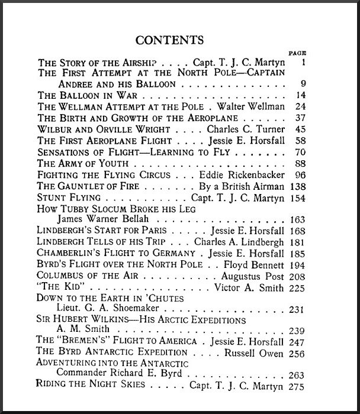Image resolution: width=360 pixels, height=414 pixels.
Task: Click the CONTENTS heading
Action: click(169, 40)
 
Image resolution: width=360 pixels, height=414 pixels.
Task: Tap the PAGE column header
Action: click(297, 53)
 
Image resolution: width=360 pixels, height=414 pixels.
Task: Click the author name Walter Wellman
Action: click(251, 107)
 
